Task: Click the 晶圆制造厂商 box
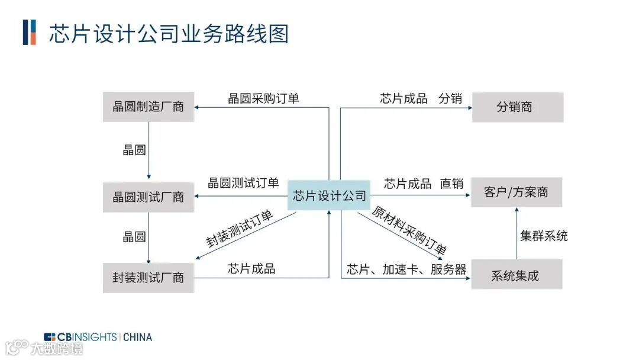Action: pyautogui.click(x=149, y=107)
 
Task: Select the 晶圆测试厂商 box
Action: pyautogui.click(x=149, y=197)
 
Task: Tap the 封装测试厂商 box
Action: pyautogui.click(x=149, y=277)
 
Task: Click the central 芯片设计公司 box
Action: pyautogui.click(x=330, y=196)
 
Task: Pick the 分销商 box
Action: pyautogui.click(x=517, y=107)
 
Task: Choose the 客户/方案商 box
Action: pyautogui.click(x=516, y=192)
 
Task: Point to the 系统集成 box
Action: pyautogui.click(x=516, y=275)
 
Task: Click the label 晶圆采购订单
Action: pyautogui.click(x=263, y=98)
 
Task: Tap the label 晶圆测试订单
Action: pyautogui.click(x=243, y=183)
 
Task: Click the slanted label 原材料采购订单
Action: pyautogui.click(x=409, y=230)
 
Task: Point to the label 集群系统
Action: pyautogui.click(x=544, y=236)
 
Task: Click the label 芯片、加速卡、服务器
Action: pyautogui.click(x=406, y=270)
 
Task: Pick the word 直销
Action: pyautogui.click(x=451, y=184)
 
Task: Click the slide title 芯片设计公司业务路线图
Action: pyautogui.click(x=169, y=33)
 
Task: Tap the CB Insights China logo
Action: pyautogui.click(x=98, y=337)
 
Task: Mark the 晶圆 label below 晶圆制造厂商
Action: pyautogui.click(x=134, y=150)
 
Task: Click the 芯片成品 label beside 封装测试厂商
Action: pyautogui.click(x=251, y=268)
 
